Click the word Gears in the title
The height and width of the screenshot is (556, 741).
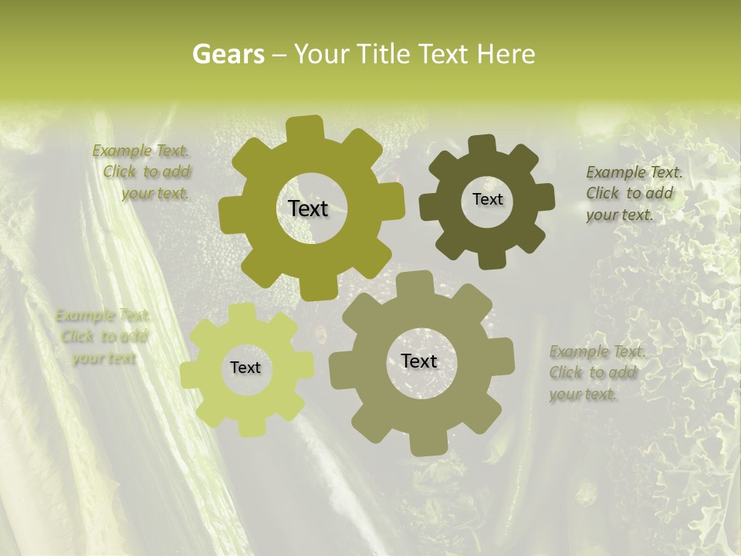coord(228,54)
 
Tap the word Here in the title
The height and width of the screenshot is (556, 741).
coord(506,54)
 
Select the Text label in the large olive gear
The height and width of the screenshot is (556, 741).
coord(308,208)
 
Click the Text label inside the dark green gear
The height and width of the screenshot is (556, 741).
coord(487,199)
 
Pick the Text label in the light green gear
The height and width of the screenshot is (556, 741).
coord(245,368)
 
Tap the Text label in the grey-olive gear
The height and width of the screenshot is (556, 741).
coord(419,361)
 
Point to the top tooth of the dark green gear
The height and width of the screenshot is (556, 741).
coord(482,145)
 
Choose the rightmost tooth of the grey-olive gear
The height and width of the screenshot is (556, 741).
coord(502,357)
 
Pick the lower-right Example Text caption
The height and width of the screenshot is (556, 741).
coord(596,373)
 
